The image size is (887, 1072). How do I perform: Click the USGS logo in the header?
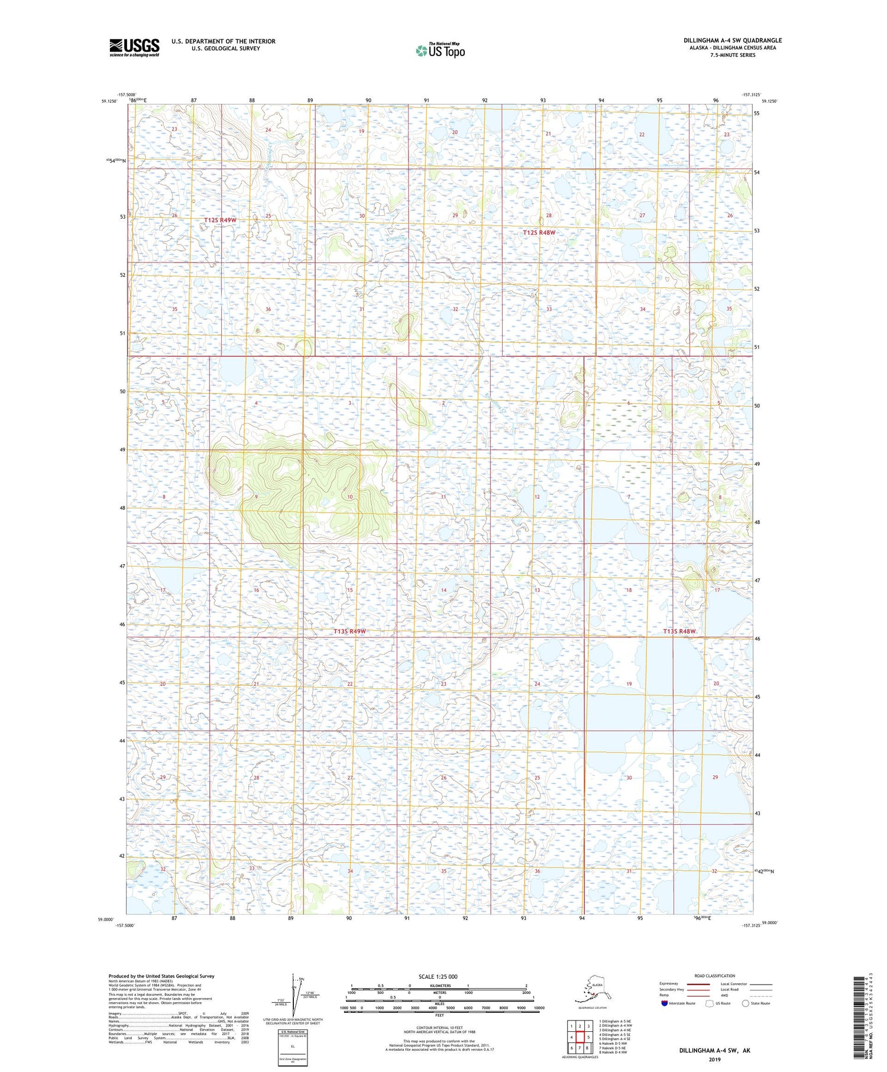pyautogui.click(x=134, y=47)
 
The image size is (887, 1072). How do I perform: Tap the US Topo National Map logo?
pyautogui.click(x=441, y=50)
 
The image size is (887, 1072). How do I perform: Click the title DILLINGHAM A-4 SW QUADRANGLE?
pyautogui.click(x=732, y=40)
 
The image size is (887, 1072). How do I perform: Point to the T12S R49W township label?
pyautogui.click(x=220, y=220)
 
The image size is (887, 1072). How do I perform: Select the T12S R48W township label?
pyautogui.click(x=539, y=233)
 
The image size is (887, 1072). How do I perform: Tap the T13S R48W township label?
pyautogui.click(x=679, y=631)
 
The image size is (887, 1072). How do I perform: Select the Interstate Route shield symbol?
pyautogui.click(x=664, y=1003)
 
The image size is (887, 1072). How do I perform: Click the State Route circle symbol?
pyautogui.click(x=746, y=1003)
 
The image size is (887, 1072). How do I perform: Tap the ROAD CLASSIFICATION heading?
pyautogui.click(x=714, y=976)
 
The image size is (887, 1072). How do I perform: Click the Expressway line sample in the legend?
pyautogui.click(x=702, y=984)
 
